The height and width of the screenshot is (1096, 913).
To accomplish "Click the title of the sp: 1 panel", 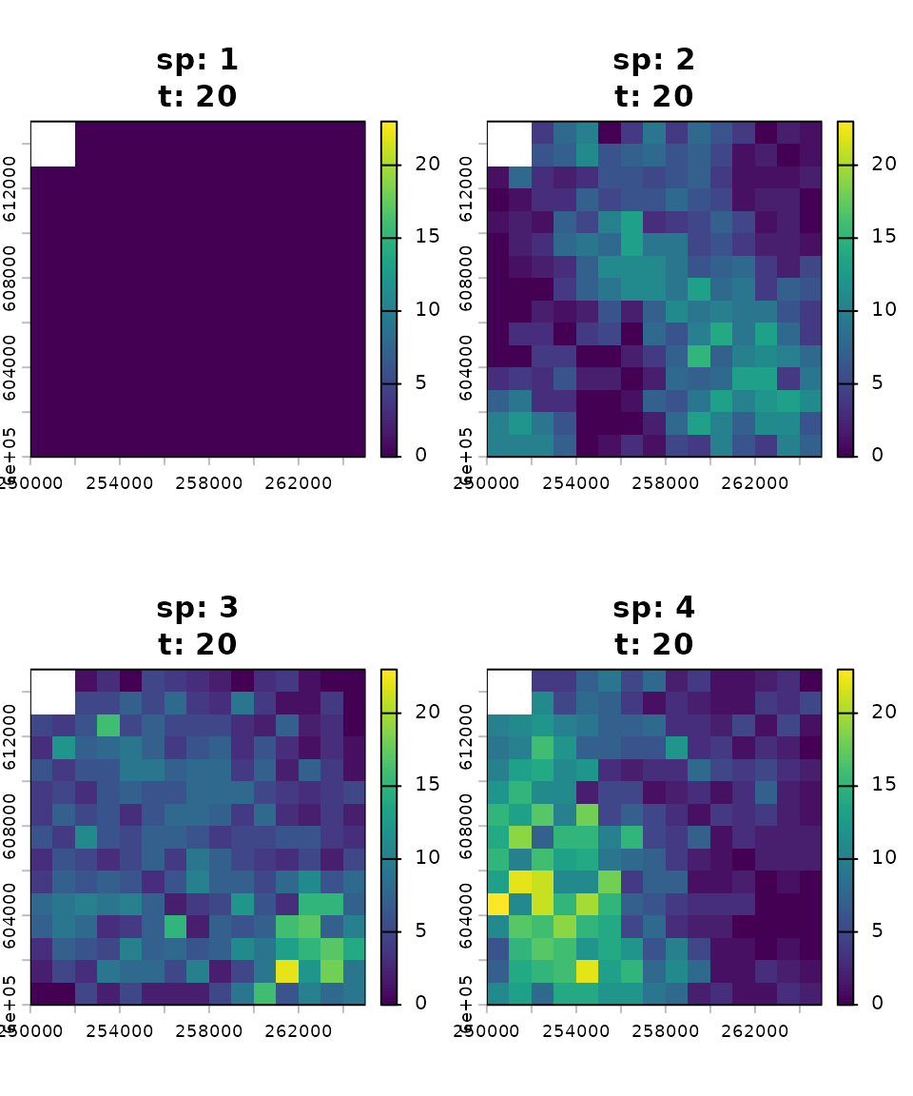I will pyautogui.click(x=197, y=78).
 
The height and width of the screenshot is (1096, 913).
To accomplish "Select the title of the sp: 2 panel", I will pyautogui.click(x=653, y=78).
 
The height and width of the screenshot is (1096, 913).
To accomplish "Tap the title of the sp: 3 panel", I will pyautogui.click(x=197, y=626).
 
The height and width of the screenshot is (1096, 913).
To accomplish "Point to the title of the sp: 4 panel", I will pyautogui.click(x=653, y=626).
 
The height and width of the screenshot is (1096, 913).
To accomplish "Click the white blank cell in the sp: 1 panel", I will pyautogui.click(x=53, y=144).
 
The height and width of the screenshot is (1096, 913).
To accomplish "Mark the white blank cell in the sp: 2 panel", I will pyautogui.click(x=510, y=144).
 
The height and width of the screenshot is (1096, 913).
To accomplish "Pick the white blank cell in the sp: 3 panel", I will pyautogui.click(x=53, y=692).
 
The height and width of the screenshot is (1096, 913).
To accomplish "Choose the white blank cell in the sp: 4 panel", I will pyautogui.click(x=510, y=692).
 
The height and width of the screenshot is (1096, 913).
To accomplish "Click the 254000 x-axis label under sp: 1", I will pyautogui.click(x=120, y=482).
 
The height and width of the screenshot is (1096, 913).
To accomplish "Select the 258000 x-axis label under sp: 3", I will pyautogui.click(x=209, y=1030).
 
